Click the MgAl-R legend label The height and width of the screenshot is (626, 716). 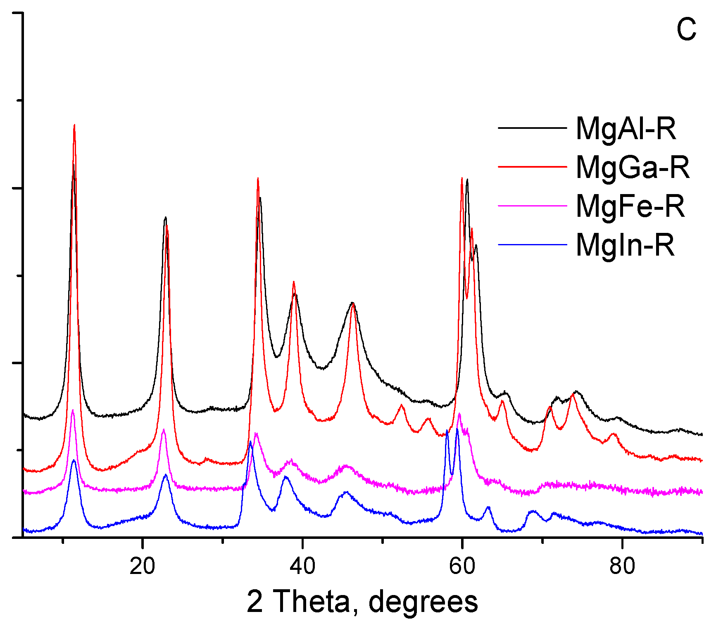tap(626, 129)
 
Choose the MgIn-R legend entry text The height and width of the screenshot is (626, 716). tap(625, 245)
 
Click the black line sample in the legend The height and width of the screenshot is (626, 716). tap(532, 128)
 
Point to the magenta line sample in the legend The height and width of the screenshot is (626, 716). tap(532, 205)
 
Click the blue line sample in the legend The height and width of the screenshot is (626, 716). tap(532, 244)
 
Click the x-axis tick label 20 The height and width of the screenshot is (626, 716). tap(142, 566)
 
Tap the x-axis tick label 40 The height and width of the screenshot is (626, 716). tap(302, 566)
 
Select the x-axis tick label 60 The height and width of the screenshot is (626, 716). tap(462, 566)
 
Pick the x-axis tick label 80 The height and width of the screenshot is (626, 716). tap(622, 566)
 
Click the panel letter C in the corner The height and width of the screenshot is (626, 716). tap(686, 30)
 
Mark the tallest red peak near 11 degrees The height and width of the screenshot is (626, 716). tap(74, 125)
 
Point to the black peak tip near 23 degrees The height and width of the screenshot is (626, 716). tap(165, 217)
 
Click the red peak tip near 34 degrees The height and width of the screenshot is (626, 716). tap(258, 178)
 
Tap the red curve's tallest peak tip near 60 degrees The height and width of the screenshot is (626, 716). tap(462, 178)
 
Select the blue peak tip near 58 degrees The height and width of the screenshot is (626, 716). tap(447, 430)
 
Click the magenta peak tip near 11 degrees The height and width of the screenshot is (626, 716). tap(73, 410)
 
